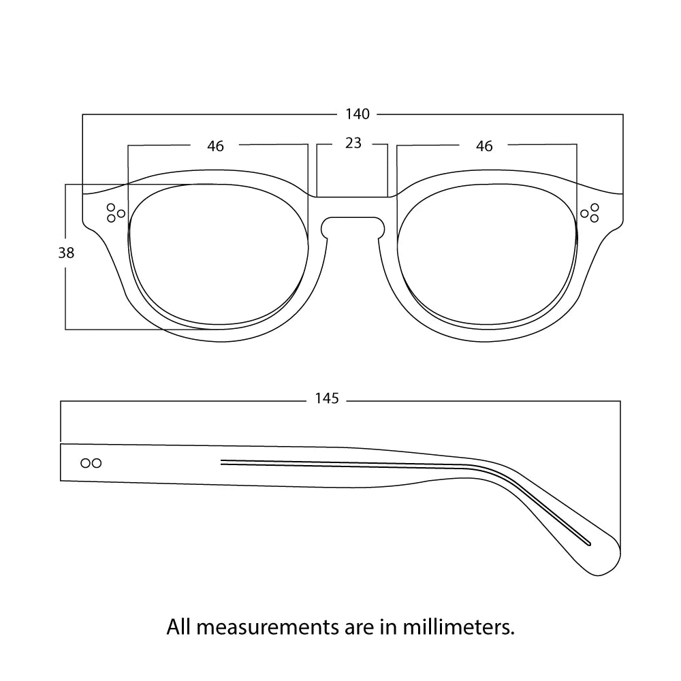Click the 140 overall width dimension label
coord(357,114)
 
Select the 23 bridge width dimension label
coord(353,143)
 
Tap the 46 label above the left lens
coord(216,146)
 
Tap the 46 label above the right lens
coord(484,146)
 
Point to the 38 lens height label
coord(66,253)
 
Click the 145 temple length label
coord(327,399)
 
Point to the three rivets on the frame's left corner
coord(115,212)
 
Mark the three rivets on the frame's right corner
coord(590,212)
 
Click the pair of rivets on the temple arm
coord(91,463)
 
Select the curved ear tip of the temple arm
coord(603,555)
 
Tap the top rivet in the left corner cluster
coord(111,207)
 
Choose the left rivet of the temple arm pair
coord(85,463)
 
